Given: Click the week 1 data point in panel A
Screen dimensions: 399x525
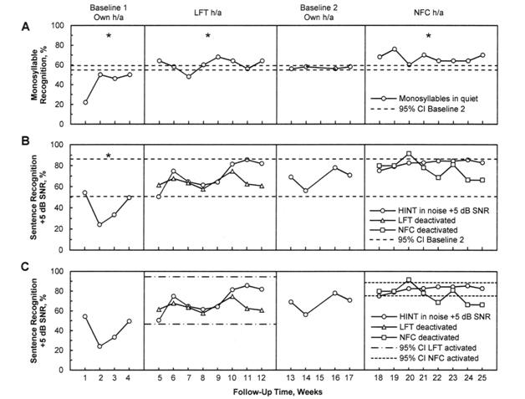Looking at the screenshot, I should (84, 103).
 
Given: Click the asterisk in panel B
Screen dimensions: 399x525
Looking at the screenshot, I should (108, 156).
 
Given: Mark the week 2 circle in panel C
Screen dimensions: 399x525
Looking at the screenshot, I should (100, 345).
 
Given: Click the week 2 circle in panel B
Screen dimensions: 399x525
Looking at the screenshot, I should (100, 224).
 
